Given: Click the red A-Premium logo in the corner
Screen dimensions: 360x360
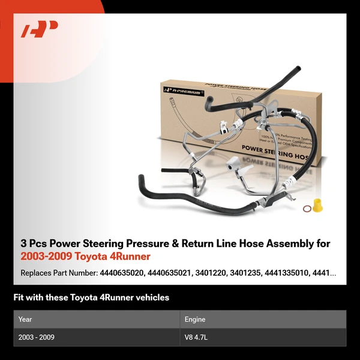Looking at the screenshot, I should click(x=40, y=29).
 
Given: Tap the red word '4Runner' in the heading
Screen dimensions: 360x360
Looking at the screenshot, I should click(x=131, y=257).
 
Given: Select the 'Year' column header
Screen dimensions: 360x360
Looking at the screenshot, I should click(x=25, y=320).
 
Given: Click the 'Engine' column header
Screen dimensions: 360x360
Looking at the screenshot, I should click(x=195, y=320).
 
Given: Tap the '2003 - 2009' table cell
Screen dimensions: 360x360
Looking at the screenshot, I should click(x=37, y=337).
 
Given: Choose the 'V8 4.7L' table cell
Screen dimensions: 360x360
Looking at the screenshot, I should click(x=196, y=337).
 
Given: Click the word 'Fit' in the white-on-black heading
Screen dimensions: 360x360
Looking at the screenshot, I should click(x=19, y=298).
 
